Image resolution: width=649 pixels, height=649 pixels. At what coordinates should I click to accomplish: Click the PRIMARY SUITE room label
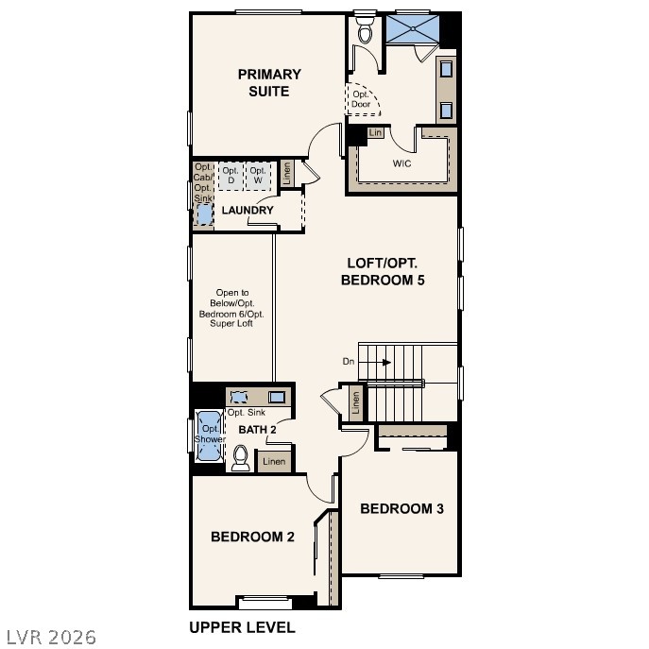coord(269,83)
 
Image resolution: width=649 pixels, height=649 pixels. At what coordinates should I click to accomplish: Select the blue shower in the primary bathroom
coord(413,29)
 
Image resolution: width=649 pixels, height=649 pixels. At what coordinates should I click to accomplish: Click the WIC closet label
coord(402,163)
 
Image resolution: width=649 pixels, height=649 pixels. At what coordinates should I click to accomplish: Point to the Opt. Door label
coord(361,99)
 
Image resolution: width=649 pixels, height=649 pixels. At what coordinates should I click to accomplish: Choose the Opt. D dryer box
coord(231,175)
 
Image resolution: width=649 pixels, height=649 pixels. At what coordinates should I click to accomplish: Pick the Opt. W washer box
coord(257,175)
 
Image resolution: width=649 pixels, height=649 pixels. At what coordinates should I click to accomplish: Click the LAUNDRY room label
coord(248,211)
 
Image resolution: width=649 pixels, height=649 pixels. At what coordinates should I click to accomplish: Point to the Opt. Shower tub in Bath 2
coord(209,436)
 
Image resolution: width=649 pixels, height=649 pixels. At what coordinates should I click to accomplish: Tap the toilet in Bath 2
coord(240,459)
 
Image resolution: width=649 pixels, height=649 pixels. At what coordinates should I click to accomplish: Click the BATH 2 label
coord(257,431)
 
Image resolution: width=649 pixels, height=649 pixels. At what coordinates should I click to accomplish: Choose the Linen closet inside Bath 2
coord(274,462)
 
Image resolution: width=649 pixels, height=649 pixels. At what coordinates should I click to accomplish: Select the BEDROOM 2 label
coord(252,538)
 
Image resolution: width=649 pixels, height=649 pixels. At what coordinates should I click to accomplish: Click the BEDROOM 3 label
coord(401,509)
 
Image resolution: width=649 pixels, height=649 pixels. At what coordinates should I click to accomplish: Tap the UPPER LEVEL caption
coord(242,627)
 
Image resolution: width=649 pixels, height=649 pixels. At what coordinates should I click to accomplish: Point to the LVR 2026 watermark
coord(49,637)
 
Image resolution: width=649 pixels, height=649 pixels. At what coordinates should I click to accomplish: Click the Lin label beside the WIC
coord(376,133)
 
